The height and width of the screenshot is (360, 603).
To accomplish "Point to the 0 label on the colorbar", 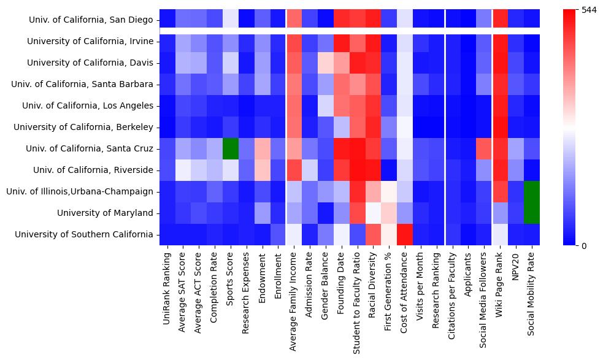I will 583,246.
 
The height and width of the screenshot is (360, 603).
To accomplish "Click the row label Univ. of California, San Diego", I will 91,20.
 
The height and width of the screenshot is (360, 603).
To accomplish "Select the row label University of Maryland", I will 105,213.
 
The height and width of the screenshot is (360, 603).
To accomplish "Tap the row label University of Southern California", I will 84,234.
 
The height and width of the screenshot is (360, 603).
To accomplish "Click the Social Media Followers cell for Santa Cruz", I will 485,148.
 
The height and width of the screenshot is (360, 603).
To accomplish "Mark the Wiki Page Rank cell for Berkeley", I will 501,127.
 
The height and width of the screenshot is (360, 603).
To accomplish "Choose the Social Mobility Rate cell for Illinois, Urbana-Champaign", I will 532,191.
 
